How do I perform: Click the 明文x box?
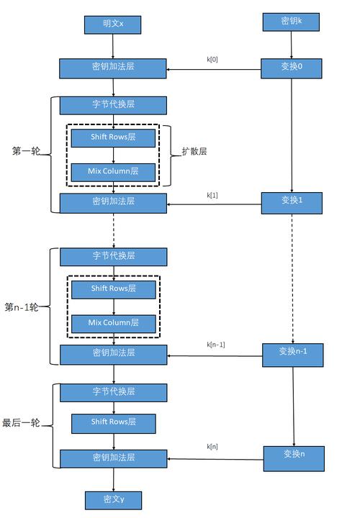coord(113,24)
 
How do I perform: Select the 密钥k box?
coord(291,22)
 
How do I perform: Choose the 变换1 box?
coord(291,204)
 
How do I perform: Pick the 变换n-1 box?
coord(292,353)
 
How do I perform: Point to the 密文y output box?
coord(113,500)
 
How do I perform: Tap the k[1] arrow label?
coord(212,195)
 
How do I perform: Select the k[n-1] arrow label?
coord(216,345)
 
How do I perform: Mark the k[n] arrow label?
coord(212,447)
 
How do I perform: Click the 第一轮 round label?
coord(26,152)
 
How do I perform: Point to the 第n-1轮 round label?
coord(22,307)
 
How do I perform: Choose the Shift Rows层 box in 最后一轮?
coord(113,423)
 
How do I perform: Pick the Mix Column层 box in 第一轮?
coord(113,172)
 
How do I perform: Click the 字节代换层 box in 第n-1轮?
coord(113,256)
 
